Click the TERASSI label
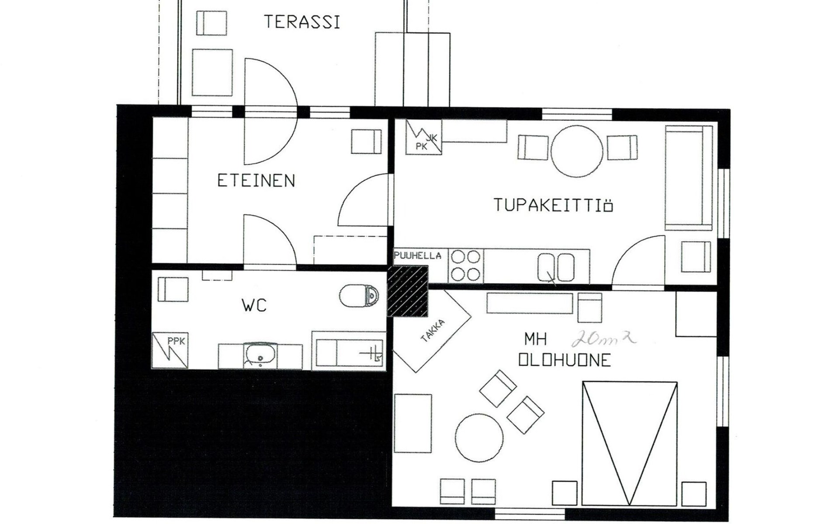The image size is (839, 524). pos(302,22)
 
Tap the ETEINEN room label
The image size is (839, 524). pos(256,180)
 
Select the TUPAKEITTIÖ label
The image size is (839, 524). pos(553,205)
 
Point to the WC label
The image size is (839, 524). pos(254,305)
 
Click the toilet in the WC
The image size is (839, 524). pos(359,296)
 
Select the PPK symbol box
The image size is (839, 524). pos(170,350)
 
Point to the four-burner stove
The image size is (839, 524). pos(466,265)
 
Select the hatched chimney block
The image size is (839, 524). pos(408,291)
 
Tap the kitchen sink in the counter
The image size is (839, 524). pos(556,267)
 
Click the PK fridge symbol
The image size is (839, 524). pos(423,137)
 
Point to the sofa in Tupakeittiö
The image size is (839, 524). pos(689,178)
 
